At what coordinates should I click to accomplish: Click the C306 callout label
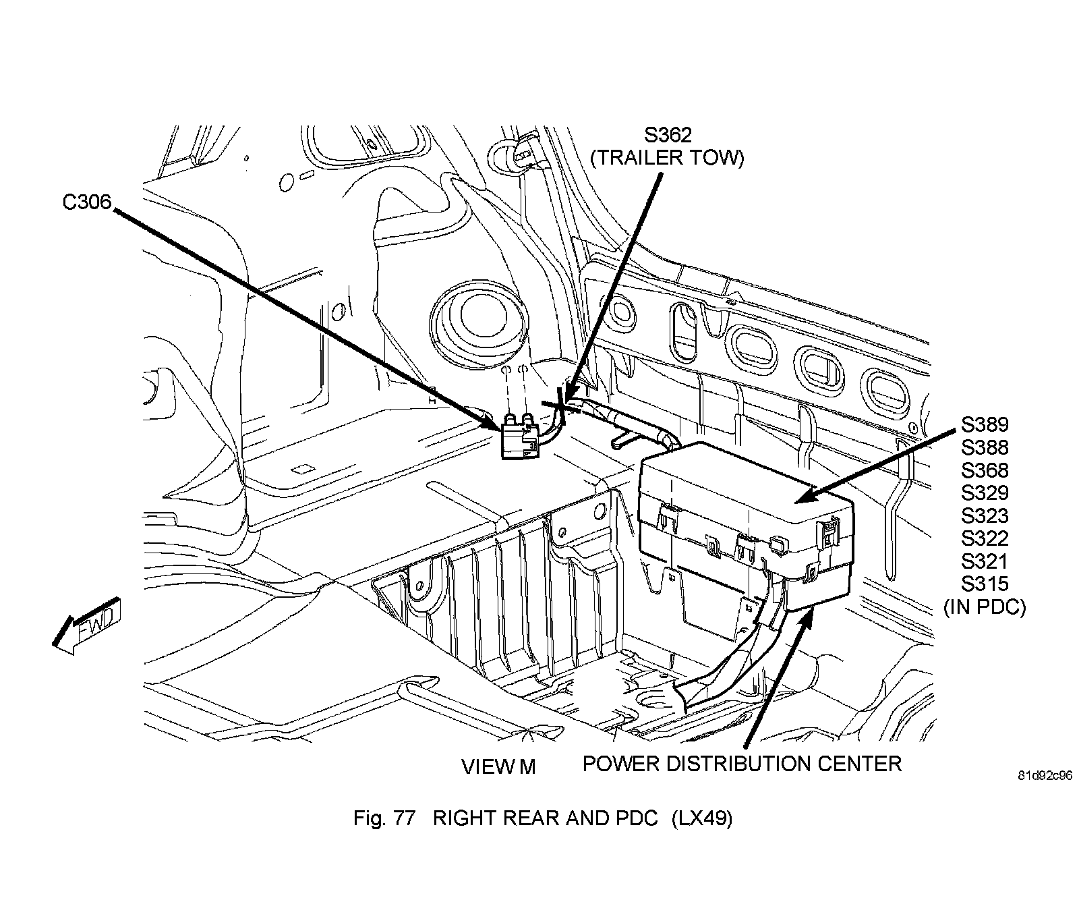86,202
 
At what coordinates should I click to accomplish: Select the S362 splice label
667,135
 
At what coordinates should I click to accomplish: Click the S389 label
985,424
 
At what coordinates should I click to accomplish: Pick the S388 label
985,447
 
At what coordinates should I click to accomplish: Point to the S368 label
985,470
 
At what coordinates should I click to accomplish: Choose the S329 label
985,493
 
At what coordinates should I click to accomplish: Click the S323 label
985,516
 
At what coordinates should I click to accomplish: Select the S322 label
985,538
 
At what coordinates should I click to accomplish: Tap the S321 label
985,561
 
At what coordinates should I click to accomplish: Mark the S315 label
985,584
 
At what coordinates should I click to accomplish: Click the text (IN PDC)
985,607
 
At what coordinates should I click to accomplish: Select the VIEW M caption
498,767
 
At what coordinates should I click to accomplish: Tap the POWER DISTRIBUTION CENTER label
742,764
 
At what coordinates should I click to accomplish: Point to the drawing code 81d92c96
1045,776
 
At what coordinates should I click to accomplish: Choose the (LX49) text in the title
701,818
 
